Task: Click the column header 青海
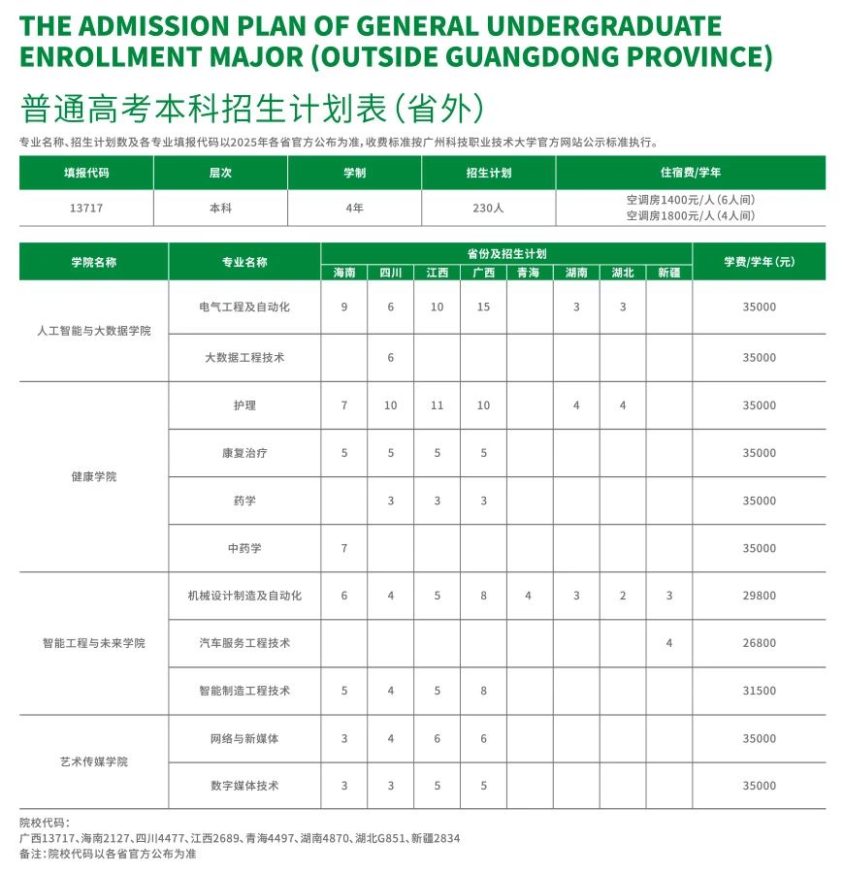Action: pyautogui.click(x=529, y=273)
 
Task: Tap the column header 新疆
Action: pyautogui.click(x=669, y=273)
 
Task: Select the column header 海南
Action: pyautogui.click(x=344, y=273)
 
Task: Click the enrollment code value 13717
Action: pyautogui.click(x=86, y=208)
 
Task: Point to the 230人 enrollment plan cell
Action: pyautogui.click(x=488, y=208)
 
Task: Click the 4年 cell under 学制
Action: pyautogui.click(x=354, y=208)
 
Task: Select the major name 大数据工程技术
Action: pyautogui.click(x=244, y=358)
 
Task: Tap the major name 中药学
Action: pyautogui.click(x=244, y=549)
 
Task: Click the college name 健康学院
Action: pyautogui.click(x=94, y=477)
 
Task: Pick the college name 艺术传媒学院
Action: pyautogui.click(x=94, y=762)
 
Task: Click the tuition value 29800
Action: pyautogui.click(x=759, y=596)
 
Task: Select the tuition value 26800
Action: pyautogui.click(x=759, y=643)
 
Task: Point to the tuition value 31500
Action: pyautogui.click(x=759, y=692)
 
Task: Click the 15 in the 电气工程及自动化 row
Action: pyautogui.click(x=483, y=307)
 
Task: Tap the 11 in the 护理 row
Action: pyautogui.click(x=437, y=406)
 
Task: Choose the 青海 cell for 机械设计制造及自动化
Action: pyautogui.click(x=528, y=596)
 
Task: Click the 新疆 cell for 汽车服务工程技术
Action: pyautogui.click(x=669, y=643)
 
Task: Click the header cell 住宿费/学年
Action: pyautogui.click(x=691, y=174)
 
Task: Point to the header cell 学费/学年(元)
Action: pyautogui.click(x=759, y=262)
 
